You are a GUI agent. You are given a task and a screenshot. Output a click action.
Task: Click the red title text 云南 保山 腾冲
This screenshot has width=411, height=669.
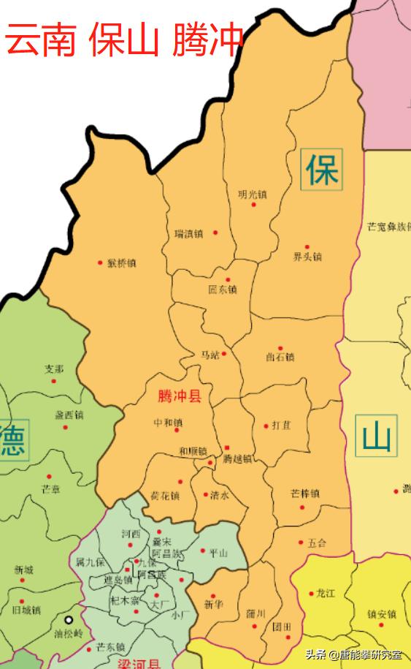pyautogui.click(x=124, y=41)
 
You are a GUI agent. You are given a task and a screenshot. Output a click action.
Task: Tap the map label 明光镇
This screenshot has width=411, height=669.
pyautogui.click(x=253, y=194)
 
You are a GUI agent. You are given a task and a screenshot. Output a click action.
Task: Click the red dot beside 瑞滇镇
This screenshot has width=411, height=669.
pyautogui.click(x=215, y=233)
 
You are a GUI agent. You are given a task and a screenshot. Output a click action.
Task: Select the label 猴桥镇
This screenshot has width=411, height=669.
pyautogui.click(x=122, y=263)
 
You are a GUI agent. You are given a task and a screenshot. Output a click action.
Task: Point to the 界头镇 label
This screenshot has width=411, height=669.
pyautogui.click(x=307, y=257)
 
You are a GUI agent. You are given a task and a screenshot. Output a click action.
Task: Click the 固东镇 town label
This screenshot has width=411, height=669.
pyautogui.click(x=223, y=290)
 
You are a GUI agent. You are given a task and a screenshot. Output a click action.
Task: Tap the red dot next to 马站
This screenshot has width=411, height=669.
pyautogui.click(x=224, y=354)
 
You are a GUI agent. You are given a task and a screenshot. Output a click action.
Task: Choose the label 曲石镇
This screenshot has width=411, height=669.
pyautogui.click(x=280, y=358)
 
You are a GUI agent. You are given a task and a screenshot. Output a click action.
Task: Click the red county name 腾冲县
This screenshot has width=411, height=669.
pyautogui.click(x=180, y=397)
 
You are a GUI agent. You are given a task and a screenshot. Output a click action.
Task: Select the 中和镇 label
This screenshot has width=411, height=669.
pyautogui.click(x=168, y=423)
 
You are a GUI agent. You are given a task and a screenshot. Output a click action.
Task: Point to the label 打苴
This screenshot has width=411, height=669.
pyautogui.click(x=282, y=426)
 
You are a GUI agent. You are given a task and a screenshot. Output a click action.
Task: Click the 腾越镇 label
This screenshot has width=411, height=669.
pyautogui.click(x=237, y=459)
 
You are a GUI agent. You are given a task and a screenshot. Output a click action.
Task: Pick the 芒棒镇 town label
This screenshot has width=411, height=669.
pyautogui.click(x=305, y=494)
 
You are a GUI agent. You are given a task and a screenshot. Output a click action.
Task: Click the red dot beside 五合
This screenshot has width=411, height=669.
pyautogui.click(x=301, y=543)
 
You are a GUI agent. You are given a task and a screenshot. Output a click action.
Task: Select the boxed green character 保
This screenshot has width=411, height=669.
pyautogui.click(x=321, y=170)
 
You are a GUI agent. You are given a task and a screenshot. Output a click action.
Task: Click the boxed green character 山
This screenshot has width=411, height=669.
pyautogui.click(x=377, y=437)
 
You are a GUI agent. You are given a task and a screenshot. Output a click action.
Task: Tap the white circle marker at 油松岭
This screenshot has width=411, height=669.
pyautogui.click(x=69, y=619)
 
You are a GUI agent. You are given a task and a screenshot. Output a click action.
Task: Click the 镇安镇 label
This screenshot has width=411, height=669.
pyautogui.click(x=382, y=615)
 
